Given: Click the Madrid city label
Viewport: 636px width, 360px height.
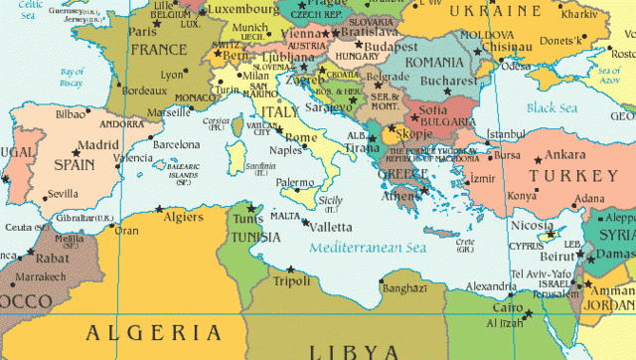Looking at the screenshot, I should point(100,144).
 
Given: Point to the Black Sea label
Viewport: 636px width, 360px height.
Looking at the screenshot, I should point(552,107).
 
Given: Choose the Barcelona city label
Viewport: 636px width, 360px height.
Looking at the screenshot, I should point(177,144).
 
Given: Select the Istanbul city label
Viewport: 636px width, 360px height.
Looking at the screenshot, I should point(505,134).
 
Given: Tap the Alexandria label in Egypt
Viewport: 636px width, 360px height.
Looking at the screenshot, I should point(483,285).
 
